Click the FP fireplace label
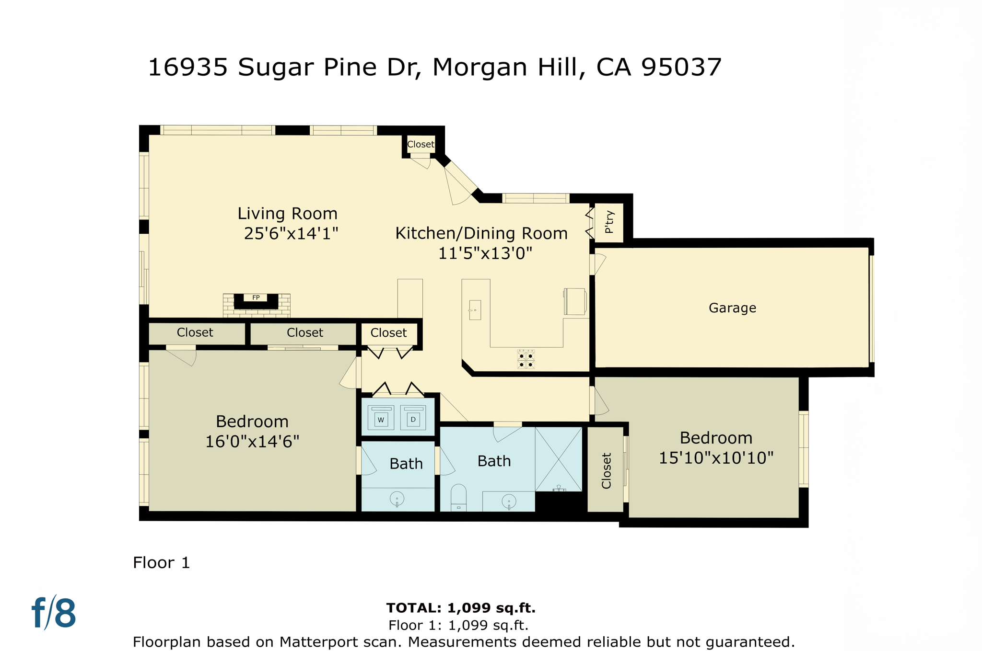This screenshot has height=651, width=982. tap(256, 297)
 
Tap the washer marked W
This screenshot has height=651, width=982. tap(381, 418)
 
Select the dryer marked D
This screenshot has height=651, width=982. tap(413, 418)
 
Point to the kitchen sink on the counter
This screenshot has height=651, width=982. tap(475, 310)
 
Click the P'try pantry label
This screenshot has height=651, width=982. tap(609, 222)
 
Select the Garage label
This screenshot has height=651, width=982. tap(732, 308)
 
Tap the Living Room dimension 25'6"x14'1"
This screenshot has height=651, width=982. tap(291, 233)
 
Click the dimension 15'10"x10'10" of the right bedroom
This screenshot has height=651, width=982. tap(716, 458)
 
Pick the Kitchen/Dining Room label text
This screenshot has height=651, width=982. tap(481, 233)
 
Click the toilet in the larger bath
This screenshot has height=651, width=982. tap(458, 498)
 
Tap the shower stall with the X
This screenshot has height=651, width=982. tap(559, 459)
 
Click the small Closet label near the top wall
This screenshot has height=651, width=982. tap(421, 144)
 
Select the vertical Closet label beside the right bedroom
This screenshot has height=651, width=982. tap(606, 470)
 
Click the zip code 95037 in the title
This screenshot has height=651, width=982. tap(681, 67)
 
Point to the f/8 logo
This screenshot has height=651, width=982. tap(54, 613)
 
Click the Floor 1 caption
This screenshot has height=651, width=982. tap(162, 562)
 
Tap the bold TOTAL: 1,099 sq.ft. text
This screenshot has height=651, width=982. tap(461, 608)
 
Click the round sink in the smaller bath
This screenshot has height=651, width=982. tap(397, 499)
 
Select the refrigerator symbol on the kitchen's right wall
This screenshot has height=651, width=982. tap(575, 302)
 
